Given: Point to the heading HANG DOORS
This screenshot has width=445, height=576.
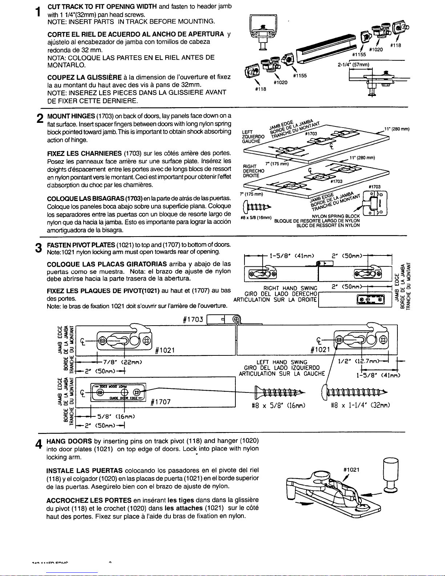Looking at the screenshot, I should click(x=69, y=441).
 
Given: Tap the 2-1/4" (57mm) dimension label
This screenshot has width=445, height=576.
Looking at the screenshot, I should click(x=353, y=65).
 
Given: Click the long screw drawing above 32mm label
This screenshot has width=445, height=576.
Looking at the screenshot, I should click(x=354, y=392).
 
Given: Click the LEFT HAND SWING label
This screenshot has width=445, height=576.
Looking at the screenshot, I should click(x=282, y=362).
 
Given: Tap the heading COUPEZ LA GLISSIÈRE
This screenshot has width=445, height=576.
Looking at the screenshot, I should click(x=80, y=78).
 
